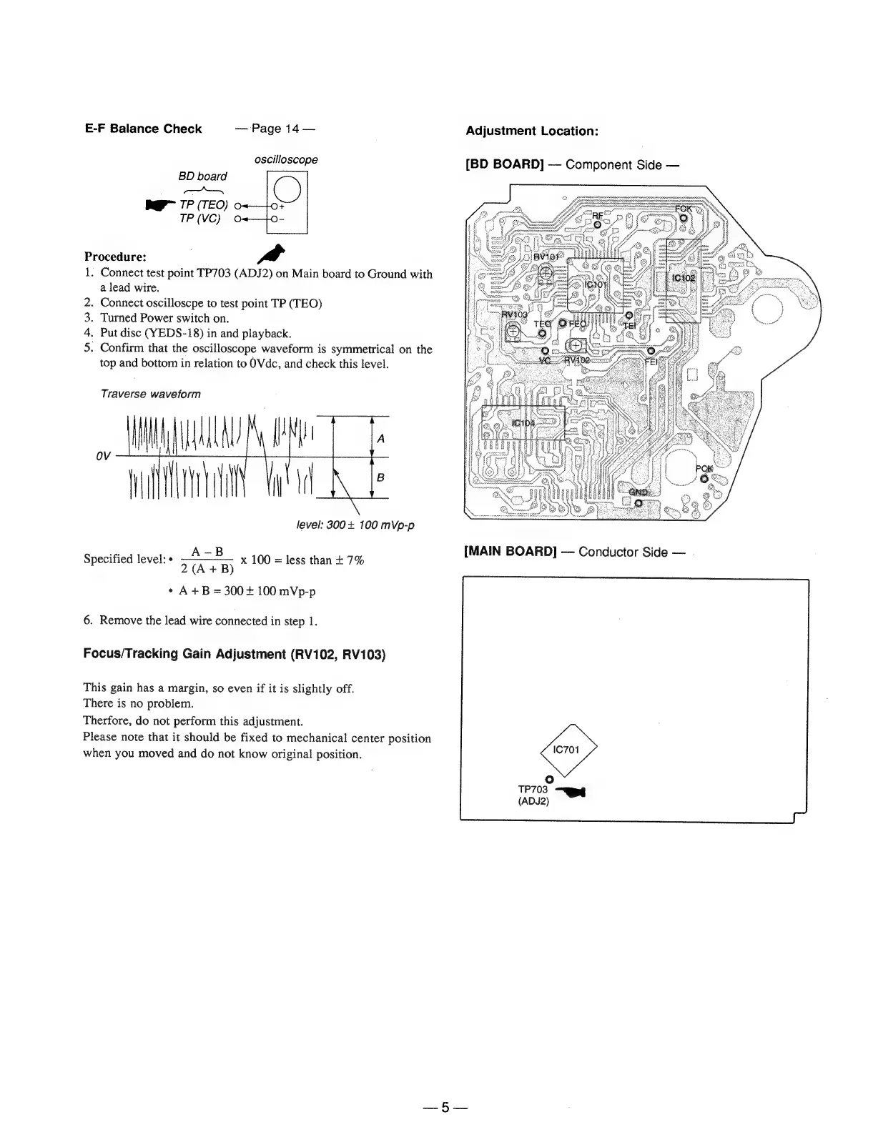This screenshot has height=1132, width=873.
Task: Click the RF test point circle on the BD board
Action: [597, 227]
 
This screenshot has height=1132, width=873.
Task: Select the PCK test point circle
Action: [704, 478]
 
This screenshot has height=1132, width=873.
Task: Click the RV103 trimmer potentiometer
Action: [513, 329]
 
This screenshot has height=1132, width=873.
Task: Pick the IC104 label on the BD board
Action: [523, 422]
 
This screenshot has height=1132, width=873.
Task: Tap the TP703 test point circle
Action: [549, 778]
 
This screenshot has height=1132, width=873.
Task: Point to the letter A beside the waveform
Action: [380, 439]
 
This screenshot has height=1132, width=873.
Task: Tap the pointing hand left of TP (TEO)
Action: [156, 206]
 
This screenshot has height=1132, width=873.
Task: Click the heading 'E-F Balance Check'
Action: [143, 129]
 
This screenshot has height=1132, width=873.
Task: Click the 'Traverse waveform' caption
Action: [150, 394]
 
